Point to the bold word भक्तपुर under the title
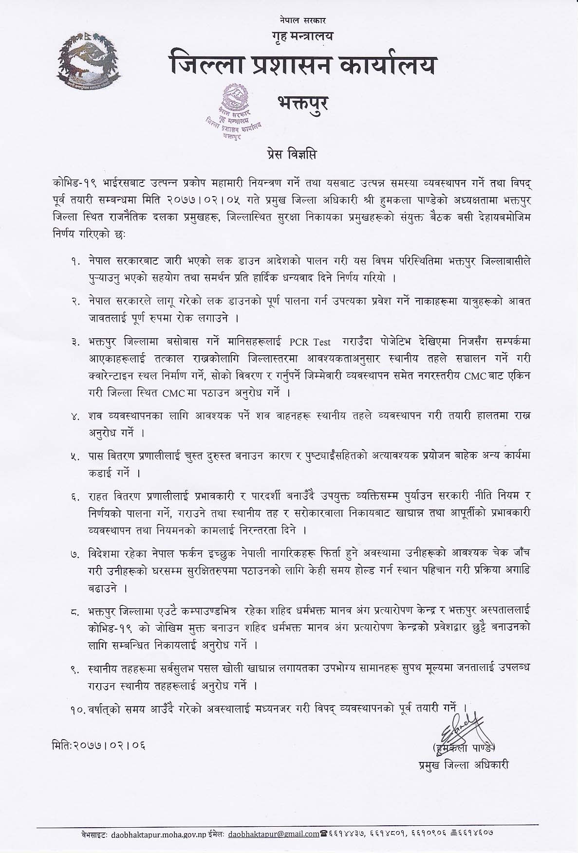302,103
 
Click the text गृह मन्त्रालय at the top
303,36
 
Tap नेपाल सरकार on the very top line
303,21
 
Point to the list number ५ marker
75,456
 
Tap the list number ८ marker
75,610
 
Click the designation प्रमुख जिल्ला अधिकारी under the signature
464,765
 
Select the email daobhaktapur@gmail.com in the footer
274,833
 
